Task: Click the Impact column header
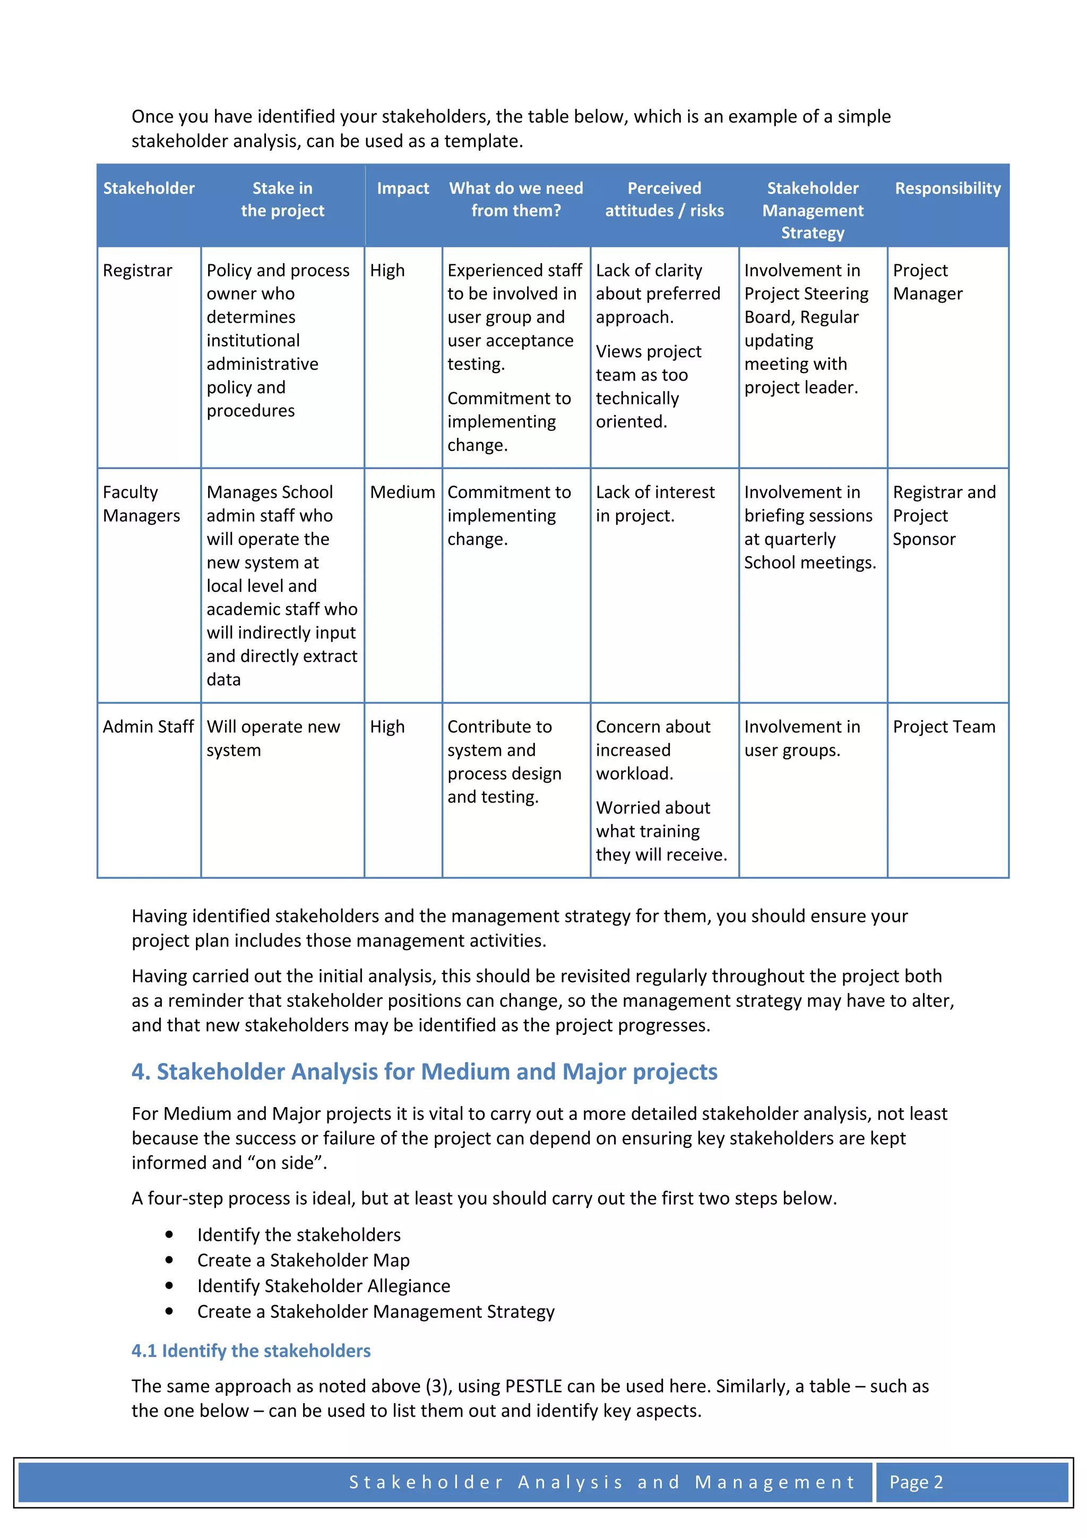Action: coord(402,188)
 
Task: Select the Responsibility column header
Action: coord(947,188)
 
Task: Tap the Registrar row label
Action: coord(137,271)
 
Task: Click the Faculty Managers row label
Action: coord(141,504)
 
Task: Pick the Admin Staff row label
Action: coord(148,727)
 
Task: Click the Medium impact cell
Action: coord(402,492)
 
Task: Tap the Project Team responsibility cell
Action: coord(943,727)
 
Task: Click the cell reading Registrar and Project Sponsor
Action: coord(943,516)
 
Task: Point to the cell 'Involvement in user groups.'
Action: coord(801,738)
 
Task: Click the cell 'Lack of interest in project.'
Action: coord(654,504)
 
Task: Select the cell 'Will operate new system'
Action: coord(273,738)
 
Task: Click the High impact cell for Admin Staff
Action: coord(387,727)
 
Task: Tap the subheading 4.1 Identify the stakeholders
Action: coord(251,1351)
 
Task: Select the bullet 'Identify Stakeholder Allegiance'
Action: coord(323,1286)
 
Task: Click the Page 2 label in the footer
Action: coord(915,1482)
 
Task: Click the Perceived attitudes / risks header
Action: coord(664,199)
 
